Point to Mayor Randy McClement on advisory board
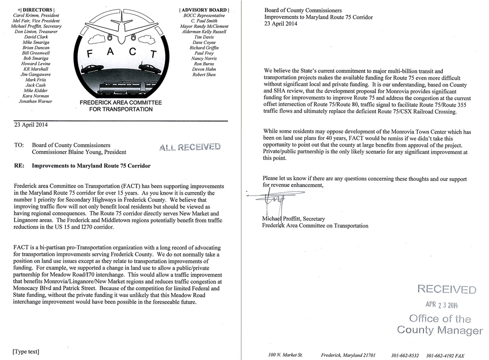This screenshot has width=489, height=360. (x=204, y=26)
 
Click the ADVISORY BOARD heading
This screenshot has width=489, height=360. (x=204, y=10)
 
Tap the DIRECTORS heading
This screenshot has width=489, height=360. (x=36, y=10)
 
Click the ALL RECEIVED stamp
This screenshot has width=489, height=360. (x=190, y=147)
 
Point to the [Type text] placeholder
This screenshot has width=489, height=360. (x=26, y=351)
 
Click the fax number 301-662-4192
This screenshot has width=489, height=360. (x=446, y=355)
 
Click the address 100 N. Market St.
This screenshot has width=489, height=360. (x=285, y=355)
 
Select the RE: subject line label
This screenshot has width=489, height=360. (x=19, y=166)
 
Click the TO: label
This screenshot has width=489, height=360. (x=19, y=145)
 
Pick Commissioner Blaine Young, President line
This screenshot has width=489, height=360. (x=79, y=152)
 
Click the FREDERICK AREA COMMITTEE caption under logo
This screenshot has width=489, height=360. (x=120, y=103)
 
